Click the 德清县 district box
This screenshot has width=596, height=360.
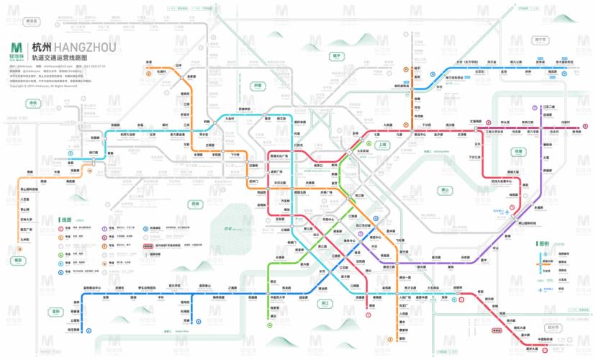click(x=31, y=22)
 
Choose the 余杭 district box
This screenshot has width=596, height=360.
click(x=32, y=103)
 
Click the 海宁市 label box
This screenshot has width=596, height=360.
click(x=540, y=40)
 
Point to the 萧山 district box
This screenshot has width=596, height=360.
click(x=444, y=190)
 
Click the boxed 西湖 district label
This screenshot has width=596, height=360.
click(x=194, y=204)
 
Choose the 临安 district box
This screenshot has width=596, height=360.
click(x=18, y=260)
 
